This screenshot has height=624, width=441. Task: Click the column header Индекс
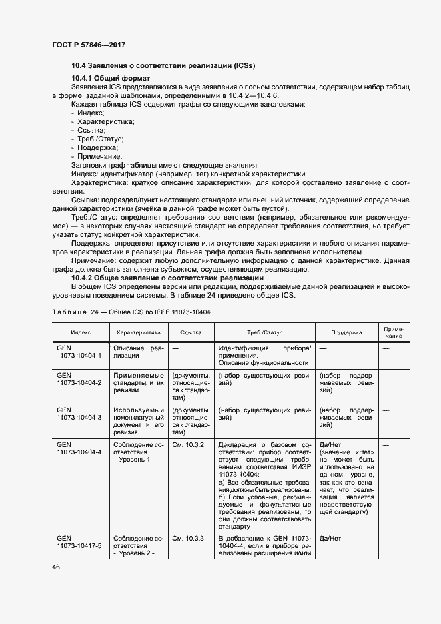click(81, 331)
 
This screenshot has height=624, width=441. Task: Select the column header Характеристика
click(139, 331)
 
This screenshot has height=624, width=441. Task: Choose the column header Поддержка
click(346, 331)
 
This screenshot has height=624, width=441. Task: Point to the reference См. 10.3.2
click(188, 444)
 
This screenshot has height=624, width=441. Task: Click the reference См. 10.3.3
click(188, 537)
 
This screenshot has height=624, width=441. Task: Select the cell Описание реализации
click(138, 352)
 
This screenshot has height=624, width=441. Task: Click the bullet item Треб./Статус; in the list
click(100, 139)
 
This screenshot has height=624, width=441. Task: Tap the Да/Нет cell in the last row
click(331, 537)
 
